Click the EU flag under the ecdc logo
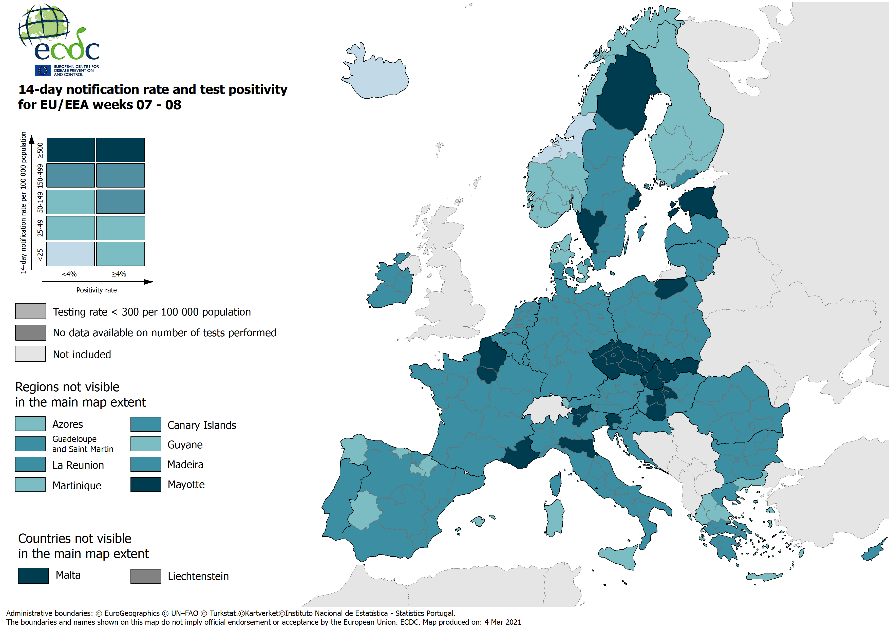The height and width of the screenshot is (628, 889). (x=43, y=70)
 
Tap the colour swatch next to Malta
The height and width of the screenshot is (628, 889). (x=33, y=575)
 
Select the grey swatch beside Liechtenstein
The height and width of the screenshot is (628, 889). (x=146, y=576)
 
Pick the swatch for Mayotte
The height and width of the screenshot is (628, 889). (x=146, y=484)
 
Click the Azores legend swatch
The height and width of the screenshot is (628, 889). (x=30, y=424)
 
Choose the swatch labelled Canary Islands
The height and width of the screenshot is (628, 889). (x=146, y=424)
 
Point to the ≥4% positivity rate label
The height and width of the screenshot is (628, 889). (x=119, y=274)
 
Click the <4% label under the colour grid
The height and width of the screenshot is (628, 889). (x=69, y=274)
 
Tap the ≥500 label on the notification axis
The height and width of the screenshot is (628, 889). (x=40, y=150)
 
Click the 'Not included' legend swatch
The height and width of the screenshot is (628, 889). (x=30, y=354)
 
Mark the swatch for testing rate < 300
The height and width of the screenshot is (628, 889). (x=30, y=311)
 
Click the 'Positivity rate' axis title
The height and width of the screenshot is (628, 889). (x=97, y=290)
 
